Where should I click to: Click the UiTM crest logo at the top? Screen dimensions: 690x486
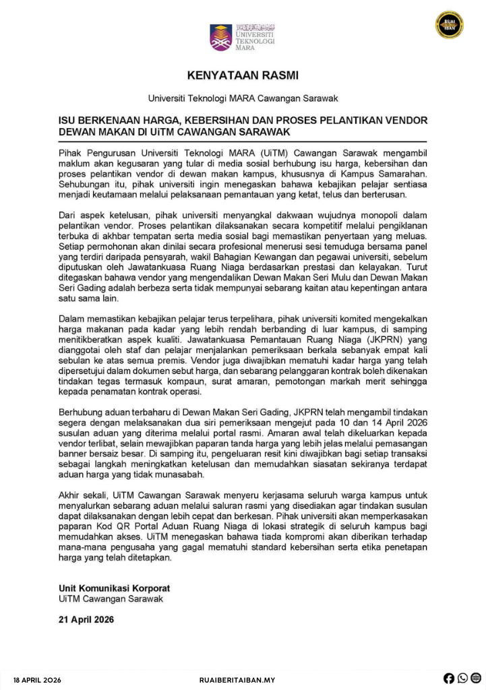click(220, 37)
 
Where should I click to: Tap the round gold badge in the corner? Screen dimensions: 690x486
click(449, 25)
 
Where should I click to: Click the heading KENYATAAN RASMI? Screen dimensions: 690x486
click(243, 75)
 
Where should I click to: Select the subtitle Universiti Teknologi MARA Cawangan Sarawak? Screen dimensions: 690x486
click(243, 98)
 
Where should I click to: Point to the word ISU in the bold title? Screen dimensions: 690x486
click(68, 120)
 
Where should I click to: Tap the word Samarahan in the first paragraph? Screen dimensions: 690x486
click(402, 174)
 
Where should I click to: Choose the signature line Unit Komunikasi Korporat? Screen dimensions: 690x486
click(114, 588)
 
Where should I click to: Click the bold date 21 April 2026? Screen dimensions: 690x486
click(86, 619)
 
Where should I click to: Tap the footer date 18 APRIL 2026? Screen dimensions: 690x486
click(37, 680)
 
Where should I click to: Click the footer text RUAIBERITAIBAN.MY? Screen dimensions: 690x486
click(237, 680)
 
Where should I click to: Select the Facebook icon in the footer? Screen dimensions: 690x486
click(449, 679)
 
